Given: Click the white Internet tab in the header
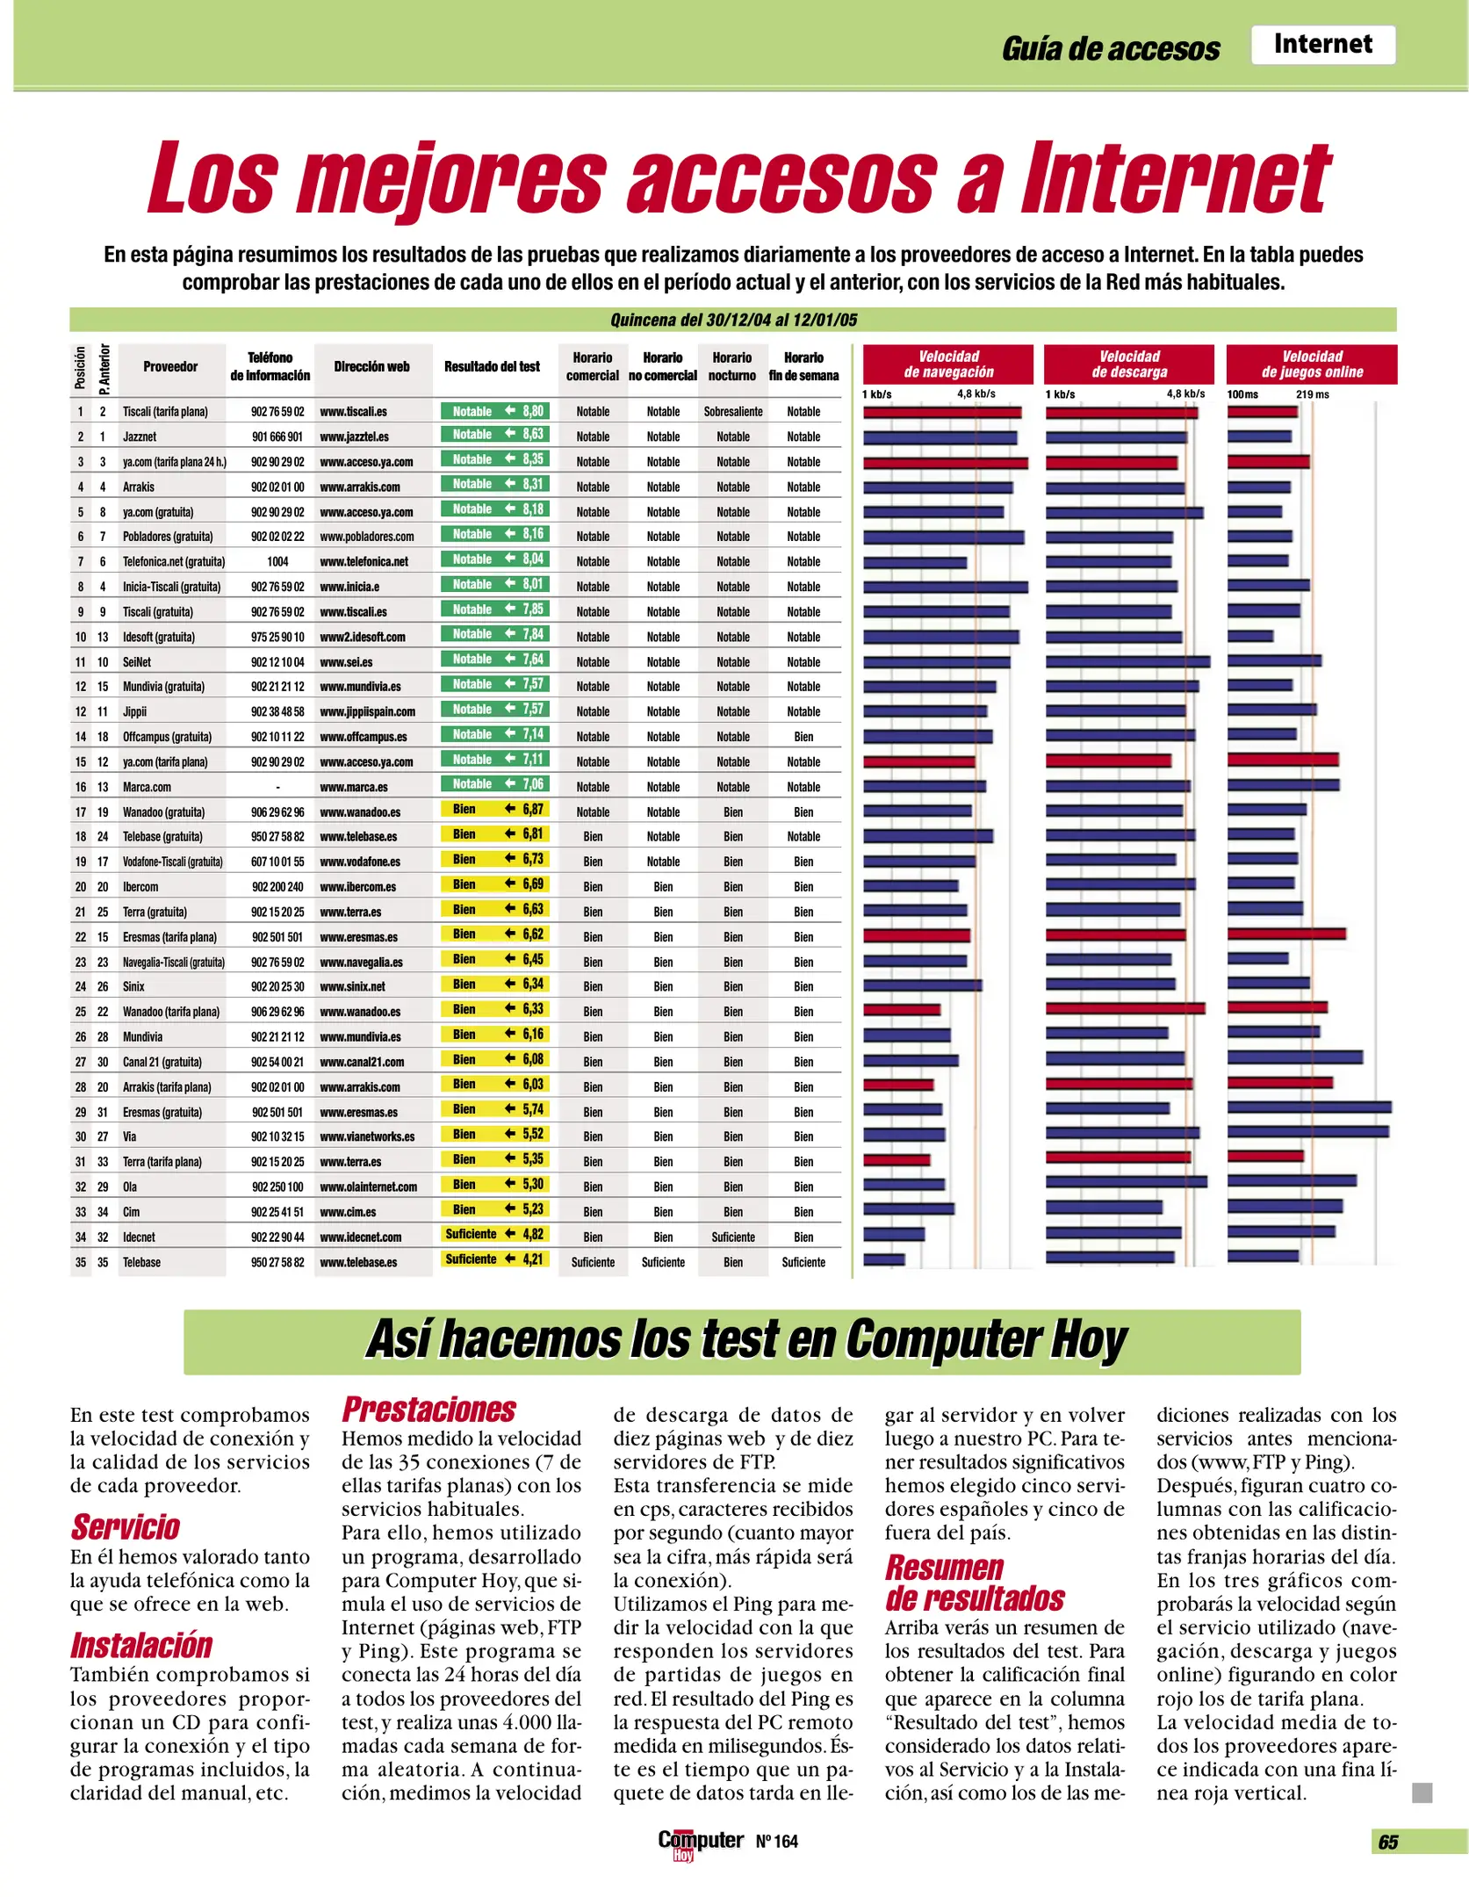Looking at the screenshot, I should pos(1322,45).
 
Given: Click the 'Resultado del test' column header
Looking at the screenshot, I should pos(492,367).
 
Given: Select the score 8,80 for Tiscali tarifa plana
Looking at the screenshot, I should pos(533,411).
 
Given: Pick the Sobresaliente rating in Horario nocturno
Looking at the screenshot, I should pos(733,412).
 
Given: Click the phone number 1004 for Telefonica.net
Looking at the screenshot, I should pos(277,562).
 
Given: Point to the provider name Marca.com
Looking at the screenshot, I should pos(147,788).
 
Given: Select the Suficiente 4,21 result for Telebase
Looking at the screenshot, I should pos(494,1259).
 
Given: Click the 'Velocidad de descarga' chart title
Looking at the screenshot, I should pos(1129,364).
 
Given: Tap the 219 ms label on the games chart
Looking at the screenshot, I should pos(1312,394).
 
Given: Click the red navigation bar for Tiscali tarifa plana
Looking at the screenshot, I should pos(941,412).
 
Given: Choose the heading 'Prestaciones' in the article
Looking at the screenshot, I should pos(428,1410).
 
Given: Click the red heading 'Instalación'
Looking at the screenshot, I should pos(141,1646).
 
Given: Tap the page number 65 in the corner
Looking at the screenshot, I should pos(1388,1843).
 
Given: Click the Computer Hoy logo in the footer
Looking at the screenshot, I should pos(700,1843).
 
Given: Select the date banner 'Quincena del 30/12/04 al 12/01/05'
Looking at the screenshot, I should pos(733,320).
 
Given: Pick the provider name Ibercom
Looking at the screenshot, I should pos(140,887).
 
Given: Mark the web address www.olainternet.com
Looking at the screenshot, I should pos(368,1187).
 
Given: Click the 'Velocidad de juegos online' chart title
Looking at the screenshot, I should pos(1312,364).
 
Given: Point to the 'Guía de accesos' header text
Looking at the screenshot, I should pos(1111,49).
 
